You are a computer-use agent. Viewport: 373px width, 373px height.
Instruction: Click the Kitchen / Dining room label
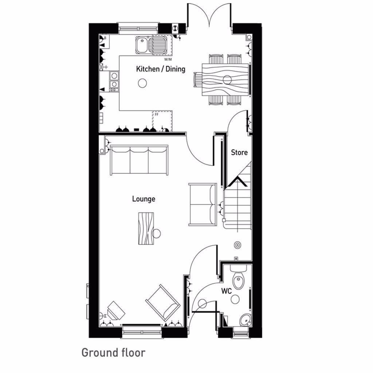pos(161,69)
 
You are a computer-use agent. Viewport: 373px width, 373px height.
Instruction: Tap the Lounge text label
pos(144,199)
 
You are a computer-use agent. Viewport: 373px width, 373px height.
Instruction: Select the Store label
pos(239,153)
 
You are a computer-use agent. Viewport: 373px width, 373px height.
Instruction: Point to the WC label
pos(227,291)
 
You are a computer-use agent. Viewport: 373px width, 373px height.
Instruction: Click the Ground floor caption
pos(113,353)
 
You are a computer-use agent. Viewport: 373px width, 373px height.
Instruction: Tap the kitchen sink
pos(151,45)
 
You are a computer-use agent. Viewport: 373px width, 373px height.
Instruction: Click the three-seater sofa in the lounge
pos(139,160)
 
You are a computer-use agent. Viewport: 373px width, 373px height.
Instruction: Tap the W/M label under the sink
pos(168,59)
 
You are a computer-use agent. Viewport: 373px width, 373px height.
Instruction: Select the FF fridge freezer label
pos(157,114)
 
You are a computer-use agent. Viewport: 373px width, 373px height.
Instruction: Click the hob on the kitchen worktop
pos(114,81)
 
